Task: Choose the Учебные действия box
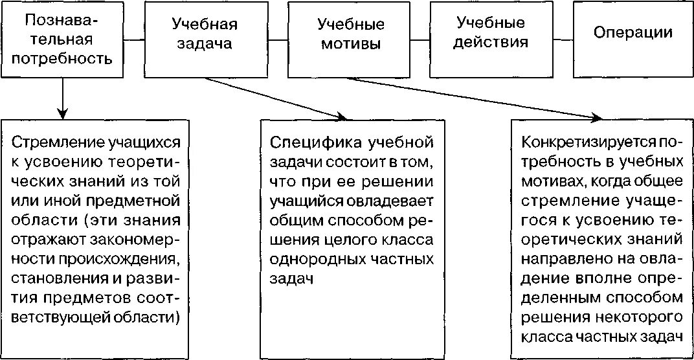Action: click(x=491, y=32)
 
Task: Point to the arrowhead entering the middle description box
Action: click(x=341, y=117)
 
